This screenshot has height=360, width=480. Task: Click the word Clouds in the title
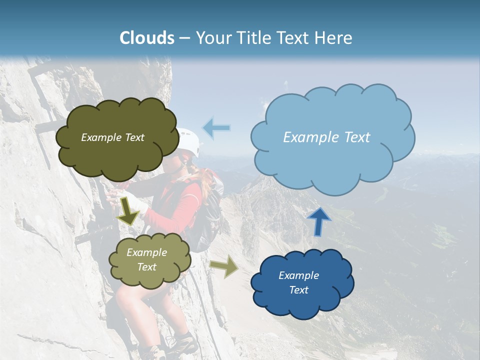pyautogui.click(x=147, y=38)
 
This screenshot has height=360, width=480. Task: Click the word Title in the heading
pyautogui.click(x=254, y=38)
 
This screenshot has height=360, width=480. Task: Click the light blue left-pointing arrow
pyautogui.click(x=216, y=128)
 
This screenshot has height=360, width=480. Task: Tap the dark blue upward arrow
pyautogui.click(x=318, y=221)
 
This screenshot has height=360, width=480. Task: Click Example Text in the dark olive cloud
pyautogui.click(x=112, y=137)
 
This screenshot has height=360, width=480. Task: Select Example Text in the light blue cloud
pyautogui.click(x=326, y=137)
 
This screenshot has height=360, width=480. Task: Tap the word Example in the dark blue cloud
pyautogui.click(x=298, y=275)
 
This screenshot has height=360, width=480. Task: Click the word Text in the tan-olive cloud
pyautogui.click(x=147, y=267)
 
